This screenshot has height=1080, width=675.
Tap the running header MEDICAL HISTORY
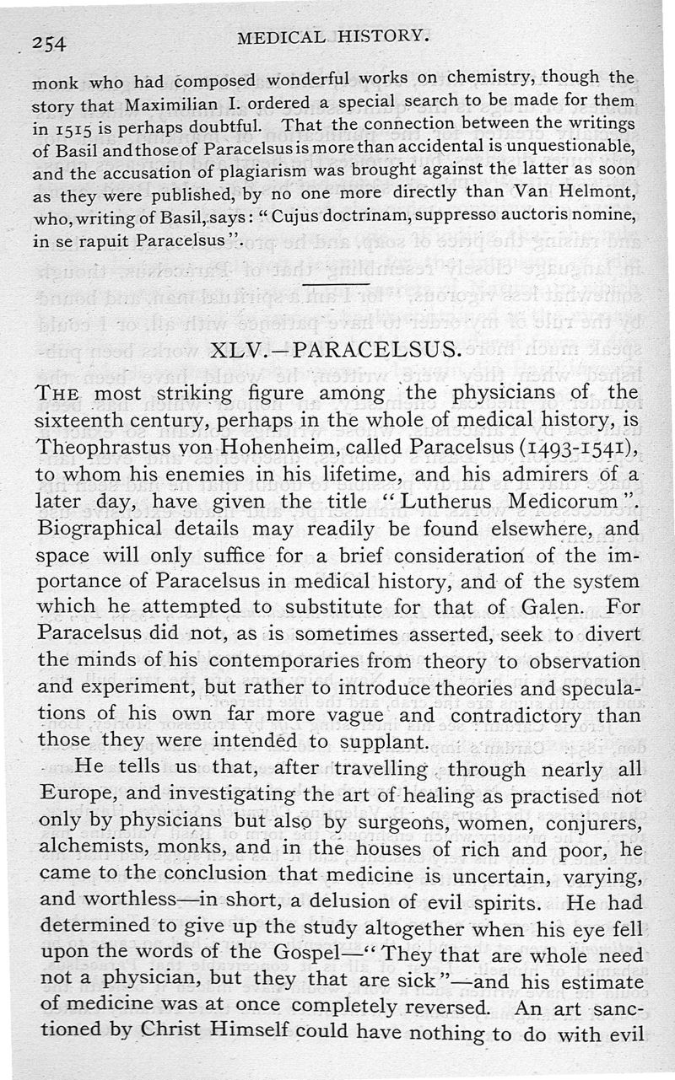[x=331, y=35]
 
